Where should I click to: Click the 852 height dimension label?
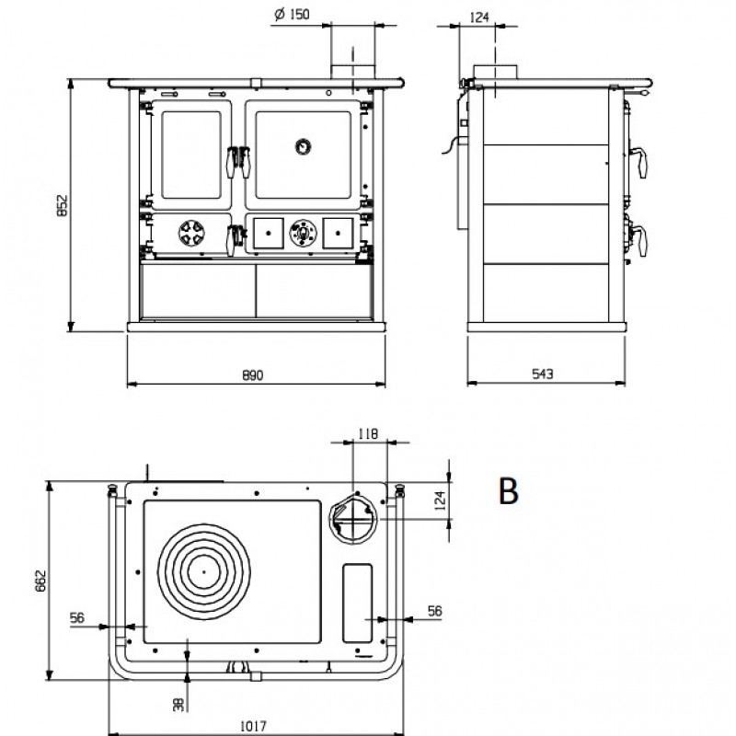point(62,205)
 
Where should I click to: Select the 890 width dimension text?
point(252,375)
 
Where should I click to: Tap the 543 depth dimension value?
point(543,374)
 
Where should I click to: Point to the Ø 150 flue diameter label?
point(292,15)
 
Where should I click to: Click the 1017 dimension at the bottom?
point(254,726)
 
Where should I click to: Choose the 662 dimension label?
point(40,581)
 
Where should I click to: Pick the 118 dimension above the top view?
point(367,433)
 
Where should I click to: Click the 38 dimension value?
point(178,704)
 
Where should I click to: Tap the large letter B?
point(509,491)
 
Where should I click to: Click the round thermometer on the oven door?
point(303,147)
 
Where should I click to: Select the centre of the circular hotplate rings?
point(203,571)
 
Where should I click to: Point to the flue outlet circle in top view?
point(353,519)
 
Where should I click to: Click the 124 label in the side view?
point(478,17)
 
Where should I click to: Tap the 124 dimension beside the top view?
point(440,500)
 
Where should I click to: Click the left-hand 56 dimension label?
point(77,617)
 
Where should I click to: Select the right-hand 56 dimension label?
point(434,611)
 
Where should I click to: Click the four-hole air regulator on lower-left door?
point(191,233)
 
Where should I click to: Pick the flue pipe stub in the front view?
point(353,52)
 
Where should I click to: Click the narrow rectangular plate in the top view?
point(358,603)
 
